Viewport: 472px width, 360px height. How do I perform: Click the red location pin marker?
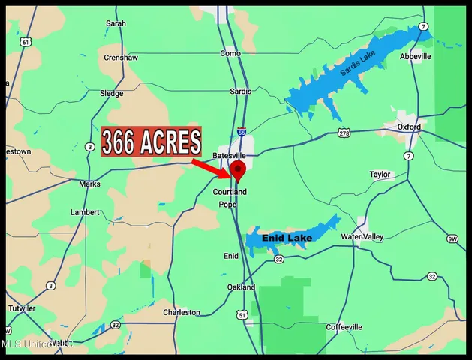tap(238, 171)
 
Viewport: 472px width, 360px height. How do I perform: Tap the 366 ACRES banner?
tap(152, 142)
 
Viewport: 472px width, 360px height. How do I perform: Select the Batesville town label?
tap(230, 154)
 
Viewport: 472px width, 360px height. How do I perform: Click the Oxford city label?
tap(410, 127)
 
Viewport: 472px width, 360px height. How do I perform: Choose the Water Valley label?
tap(362, 237)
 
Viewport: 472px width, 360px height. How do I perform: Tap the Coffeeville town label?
tap(344, 327)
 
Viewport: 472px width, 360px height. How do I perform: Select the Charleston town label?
tap(182, 312)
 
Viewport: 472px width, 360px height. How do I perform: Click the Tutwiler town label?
tap(21, 308)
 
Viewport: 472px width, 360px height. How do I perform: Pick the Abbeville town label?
tap(416, 56)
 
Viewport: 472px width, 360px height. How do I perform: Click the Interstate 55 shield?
tap(242, 132)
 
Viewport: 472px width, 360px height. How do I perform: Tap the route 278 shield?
tap(344, 133)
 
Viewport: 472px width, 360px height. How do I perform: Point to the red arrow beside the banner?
tap(206, 166)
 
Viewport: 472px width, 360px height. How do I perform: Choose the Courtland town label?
tap(230, 192)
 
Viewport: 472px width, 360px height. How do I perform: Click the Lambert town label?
tap(85, 212)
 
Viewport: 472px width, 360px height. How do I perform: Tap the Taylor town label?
tap(380, 175)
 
